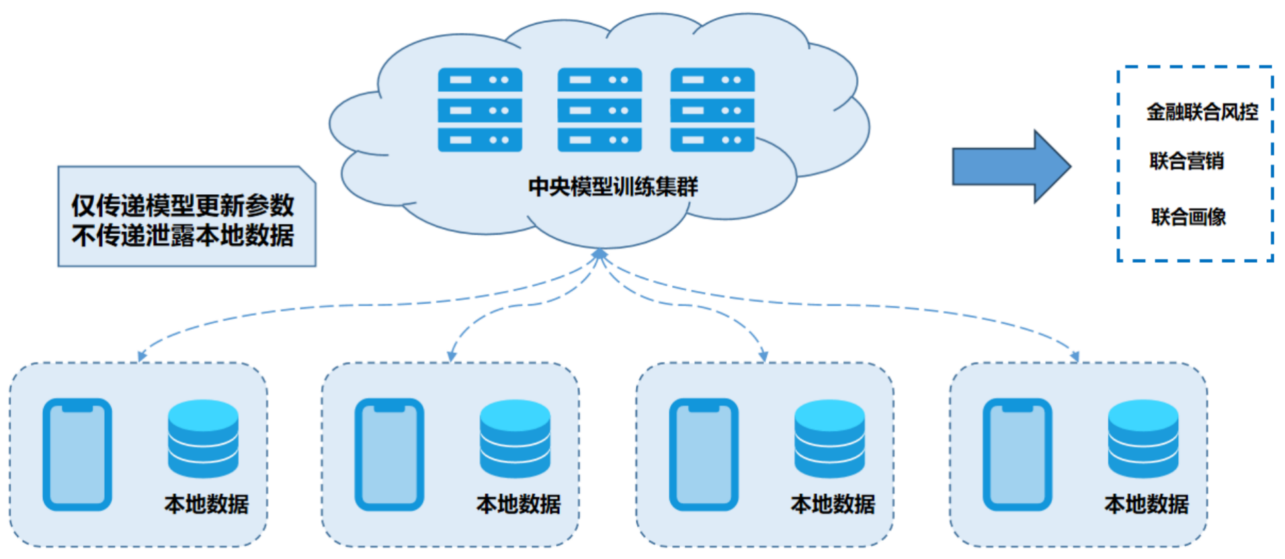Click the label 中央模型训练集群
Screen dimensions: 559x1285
[x=613, y=186]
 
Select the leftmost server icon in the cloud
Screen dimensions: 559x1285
[x=480, y=110]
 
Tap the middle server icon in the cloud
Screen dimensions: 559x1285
[x=599, y=110]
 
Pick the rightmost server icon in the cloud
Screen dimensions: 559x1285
[x=712, y=110]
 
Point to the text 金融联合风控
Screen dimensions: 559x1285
[x=1202, y=112]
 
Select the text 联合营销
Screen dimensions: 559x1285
[x=1186, y=161]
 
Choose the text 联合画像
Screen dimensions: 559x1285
[x=1188, y=217]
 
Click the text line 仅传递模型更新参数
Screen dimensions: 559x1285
[x=183, y=205]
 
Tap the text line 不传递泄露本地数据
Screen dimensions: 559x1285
[x=183, y=235]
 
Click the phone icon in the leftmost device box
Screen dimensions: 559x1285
[x=77, y=454]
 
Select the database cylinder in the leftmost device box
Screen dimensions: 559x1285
[x=203, y=439]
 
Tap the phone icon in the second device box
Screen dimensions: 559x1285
[x=389, y=454]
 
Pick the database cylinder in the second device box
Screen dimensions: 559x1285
[x=515, y=439]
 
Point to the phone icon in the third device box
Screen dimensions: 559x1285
[x=704, y=454]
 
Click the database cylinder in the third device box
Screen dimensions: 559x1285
[x=829, y=439]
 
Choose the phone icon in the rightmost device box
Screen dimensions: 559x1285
[x=1017, y=454]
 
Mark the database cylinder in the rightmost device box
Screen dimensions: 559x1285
[x=1143, y=439]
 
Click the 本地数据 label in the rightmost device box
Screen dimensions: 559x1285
[x=1147, y=504]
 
